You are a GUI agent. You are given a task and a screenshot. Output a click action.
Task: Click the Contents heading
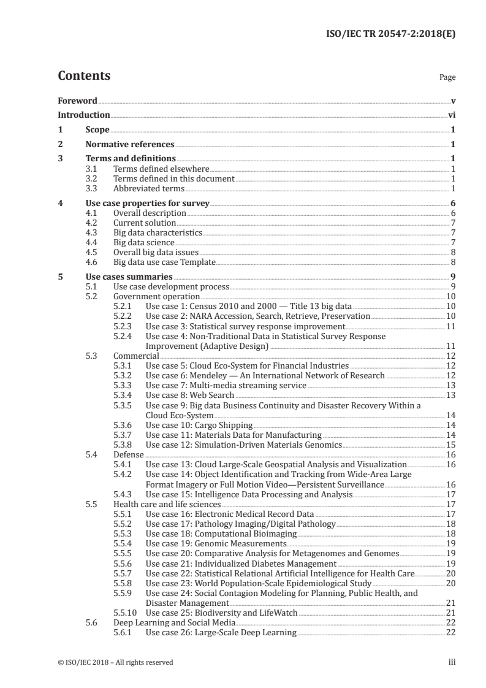tap(84, 76)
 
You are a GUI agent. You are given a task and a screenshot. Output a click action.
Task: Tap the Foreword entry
tap(77, 101)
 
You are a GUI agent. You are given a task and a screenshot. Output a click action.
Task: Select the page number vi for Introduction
tap(451, 115)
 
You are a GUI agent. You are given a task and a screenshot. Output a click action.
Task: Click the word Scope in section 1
tap(97, 130)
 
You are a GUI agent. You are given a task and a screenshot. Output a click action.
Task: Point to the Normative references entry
tap(130, 145)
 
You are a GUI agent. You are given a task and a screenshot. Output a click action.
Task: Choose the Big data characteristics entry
tap(158, 233)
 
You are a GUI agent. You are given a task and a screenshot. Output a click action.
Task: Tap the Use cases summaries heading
tap(128, 277)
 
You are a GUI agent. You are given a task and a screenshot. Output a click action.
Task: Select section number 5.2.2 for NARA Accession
tap(125, 316)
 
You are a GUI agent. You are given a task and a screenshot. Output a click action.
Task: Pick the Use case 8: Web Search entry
tap(190, 395)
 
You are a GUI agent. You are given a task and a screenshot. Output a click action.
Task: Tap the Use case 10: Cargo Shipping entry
tap(199, 425)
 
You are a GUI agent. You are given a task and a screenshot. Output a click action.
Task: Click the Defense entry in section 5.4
tap(128, 454)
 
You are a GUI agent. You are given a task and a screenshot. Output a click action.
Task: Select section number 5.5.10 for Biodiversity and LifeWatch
tap(126, 613)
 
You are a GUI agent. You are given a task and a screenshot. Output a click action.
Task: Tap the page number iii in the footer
tap(451, 662)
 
